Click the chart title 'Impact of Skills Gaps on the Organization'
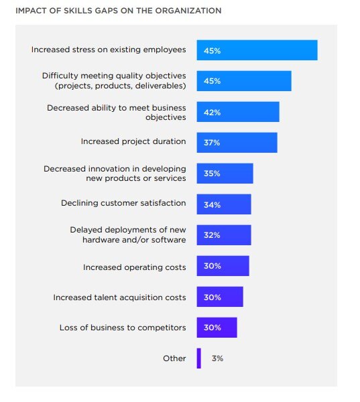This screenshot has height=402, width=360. (x=118, y=11)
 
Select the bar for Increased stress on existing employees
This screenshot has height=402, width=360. (x=257, y=50)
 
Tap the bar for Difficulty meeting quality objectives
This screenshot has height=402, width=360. (x=244, y=81)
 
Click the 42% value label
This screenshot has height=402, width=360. (x=213, y=112)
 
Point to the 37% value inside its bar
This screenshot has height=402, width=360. (x=213, y=143)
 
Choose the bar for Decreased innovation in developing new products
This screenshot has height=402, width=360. (x=225, y=174)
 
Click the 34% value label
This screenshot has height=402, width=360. (x=213, y=204)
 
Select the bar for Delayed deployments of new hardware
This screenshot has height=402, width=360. (x=224, y=235)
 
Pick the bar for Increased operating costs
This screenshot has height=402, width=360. (x=223, y=266)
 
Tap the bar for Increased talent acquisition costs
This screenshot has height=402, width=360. (x=220, y=297)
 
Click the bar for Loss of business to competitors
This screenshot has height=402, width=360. (x=217, y=328)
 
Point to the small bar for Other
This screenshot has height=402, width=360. (x=198, y=358)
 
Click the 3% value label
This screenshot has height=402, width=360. (x=217, y=358)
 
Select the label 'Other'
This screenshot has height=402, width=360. (x=174, y=358)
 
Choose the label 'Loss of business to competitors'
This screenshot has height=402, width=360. (x=123, y=328)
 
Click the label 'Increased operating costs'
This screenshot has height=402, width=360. (x=134, y=267)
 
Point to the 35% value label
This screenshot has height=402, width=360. (x=213, y=174)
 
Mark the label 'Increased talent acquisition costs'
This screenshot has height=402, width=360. (x=119, y=297)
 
